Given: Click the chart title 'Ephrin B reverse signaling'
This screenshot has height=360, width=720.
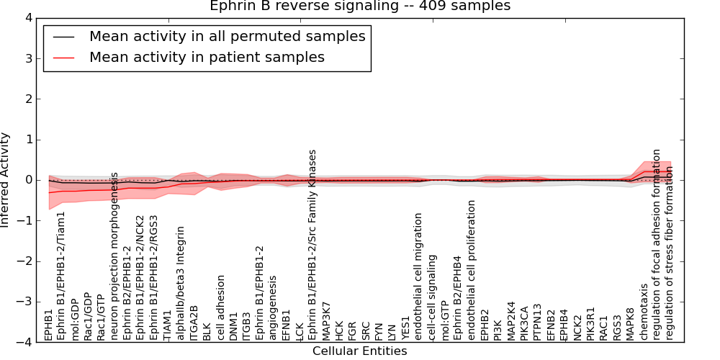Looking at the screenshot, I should [360, 6].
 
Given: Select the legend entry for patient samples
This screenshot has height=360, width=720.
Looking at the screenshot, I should [207, 57].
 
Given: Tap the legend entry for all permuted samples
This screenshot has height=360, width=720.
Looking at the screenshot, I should [227, 36].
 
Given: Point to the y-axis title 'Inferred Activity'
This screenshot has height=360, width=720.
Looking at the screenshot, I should [6, 180].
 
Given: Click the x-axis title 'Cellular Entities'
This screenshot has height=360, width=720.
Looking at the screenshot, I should [359, 351].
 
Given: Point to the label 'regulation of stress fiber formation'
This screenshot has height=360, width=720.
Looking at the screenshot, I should [670, 245].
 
